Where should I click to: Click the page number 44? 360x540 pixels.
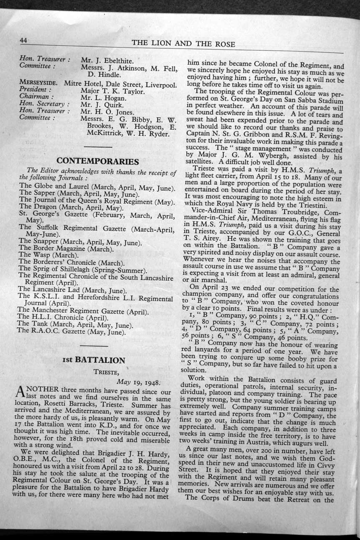pos(23,40)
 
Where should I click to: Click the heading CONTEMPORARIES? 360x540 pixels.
pos(98,161)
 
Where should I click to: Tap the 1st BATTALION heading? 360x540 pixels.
pos(94,360)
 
